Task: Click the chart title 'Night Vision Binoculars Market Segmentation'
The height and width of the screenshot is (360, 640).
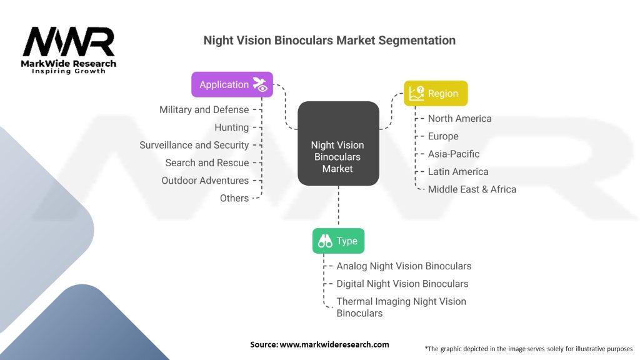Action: (329, 41)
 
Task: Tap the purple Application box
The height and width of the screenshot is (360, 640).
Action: (232, 84)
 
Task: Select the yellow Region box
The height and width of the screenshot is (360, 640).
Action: (436, 93)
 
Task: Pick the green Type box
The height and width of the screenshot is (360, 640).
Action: (338, 241)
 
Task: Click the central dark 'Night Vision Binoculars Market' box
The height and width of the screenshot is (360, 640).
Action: (338, 157)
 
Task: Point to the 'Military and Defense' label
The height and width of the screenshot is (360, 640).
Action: (204, 109)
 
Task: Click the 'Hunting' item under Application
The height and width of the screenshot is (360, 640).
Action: (231, 127)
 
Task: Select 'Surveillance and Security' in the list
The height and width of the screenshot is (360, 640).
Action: (194, 145)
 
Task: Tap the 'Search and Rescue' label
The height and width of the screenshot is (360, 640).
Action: (207, 162)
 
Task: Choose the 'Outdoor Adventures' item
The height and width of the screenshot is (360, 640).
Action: (205, 180)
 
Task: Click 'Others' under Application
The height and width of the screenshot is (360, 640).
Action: (234, 198)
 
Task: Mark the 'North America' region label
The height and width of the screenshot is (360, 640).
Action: (459, 119)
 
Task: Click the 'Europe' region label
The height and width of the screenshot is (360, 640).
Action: (443, 136)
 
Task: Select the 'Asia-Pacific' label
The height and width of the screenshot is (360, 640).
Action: (454, 154)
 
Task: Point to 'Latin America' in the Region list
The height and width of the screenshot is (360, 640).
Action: (458, 171)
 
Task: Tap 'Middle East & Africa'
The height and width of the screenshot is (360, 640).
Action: (472, 189)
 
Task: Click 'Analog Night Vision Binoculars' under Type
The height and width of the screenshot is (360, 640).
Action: (404, 266)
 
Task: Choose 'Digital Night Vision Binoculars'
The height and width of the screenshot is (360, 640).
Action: (402, 284)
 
